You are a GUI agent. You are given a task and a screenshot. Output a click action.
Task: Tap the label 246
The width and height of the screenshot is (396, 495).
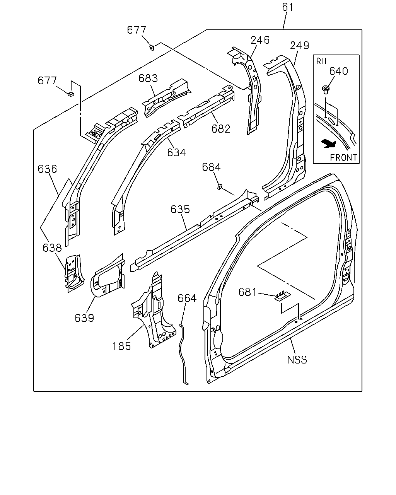pyautogui.click(x=260, y=40)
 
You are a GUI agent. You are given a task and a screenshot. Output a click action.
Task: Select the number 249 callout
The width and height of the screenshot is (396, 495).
pyautogui.click(x=299, y=46)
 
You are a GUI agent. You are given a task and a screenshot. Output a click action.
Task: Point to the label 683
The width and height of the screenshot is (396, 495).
pyautogui.click(x=148, y=79)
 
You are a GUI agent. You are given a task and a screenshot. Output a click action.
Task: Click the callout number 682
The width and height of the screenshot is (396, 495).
pyautogui.click(x=221, y=129)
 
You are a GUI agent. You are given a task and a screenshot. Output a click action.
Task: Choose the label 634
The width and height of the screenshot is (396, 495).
pyautogui.click(x=176, y=152)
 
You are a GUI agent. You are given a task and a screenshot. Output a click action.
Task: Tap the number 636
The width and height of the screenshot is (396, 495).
pyautogui.click(x=47, y=169)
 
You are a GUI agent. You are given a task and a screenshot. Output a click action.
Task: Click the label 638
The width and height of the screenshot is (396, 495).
pyautogui.click(x=52, y=248)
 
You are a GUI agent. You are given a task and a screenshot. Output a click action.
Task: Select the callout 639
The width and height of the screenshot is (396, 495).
pyautogui.click(x=84, y=318)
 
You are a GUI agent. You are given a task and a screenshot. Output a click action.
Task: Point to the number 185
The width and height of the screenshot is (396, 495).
pyautogui.click(x=122, y=346)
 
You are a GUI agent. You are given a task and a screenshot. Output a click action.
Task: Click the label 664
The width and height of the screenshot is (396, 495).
pyautogui.click(x=187, y=298)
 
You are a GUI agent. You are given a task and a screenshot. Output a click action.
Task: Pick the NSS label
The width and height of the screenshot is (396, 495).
pyautogui.click(x=297, y=360)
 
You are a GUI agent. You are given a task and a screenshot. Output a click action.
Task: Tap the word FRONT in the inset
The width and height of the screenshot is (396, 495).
pyautogui.click(x=343, y=158)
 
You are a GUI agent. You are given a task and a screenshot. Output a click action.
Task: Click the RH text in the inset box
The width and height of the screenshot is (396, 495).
pyautogui.click(x=321, y=61)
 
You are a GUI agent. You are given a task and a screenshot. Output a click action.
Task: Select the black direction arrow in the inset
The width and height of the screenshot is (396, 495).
pyautogui.click(x=329, y=144)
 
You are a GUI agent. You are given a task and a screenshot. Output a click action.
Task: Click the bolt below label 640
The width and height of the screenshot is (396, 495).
pyautogui.click(x=325, y=89)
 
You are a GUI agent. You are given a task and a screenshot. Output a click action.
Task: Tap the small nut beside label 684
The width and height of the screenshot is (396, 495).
pyautogui.click(x=220, y=187)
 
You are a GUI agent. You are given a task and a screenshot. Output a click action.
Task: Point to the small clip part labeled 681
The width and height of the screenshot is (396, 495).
pyautogui.click(x=283, y=296)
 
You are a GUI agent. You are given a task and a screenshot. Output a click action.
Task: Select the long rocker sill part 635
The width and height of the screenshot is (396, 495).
pyautogui.click(x=195, y=230)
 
